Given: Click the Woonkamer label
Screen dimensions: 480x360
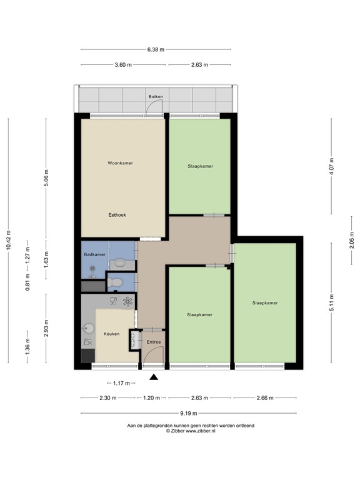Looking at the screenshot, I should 120,163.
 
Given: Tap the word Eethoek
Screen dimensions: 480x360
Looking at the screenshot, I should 117,214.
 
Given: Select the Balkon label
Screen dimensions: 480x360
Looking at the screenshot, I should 155,97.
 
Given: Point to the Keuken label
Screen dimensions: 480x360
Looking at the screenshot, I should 111,334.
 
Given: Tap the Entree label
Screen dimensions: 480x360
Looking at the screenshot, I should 154,342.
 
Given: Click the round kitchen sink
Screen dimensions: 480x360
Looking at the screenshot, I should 89,328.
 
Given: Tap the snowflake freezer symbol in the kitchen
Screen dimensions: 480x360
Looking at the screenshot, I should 127,302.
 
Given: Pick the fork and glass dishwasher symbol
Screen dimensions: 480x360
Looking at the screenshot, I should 113,301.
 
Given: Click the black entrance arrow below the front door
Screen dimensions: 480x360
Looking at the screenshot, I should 154,376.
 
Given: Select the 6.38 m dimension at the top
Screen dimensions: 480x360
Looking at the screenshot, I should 156,49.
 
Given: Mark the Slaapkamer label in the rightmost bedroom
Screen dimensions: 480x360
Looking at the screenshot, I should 264,302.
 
